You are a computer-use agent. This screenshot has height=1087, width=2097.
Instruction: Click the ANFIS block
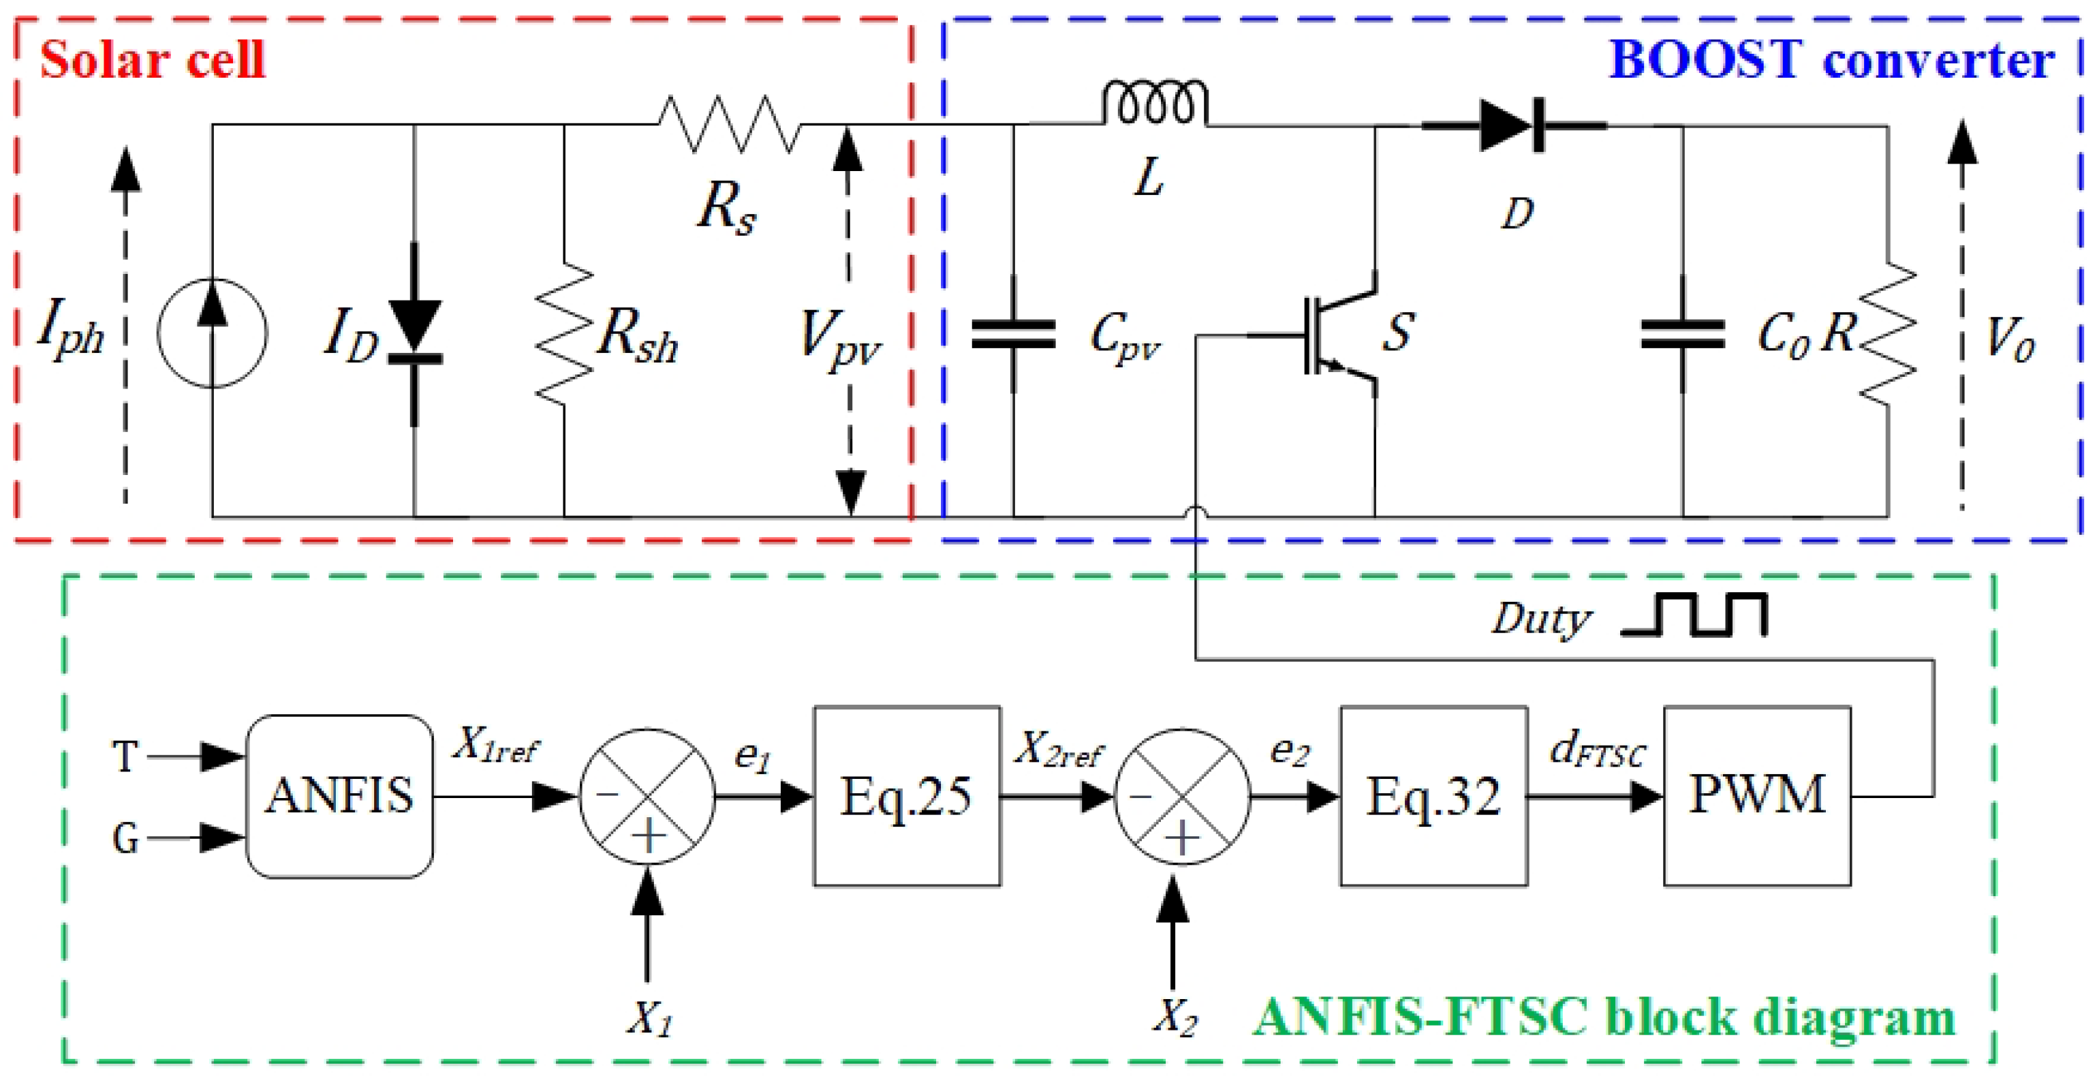pos(339,795)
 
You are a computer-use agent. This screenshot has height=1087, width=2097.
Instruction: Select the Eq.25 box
pos(906,795)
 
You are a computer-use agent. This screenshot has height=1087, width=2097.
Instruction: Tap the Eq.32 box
pos(1433,795)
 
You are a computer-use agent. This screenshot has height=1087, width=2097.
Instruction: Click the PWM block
pos(1757,795)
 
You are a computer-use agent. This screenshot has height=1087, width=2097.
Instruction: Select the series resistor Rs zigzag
pos(728,125)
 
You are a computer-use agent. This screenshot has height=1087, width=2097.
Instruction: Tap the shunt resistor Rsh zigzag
pos(563,333)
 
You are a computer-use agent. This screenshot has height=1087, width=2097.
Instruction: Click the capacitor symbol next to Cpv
pos(1014,334)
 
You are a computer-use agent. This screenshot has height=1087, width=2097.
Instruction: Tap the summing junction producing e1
pos(648,795)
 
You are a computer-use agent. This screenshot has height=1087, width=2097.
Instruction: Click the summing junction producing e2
pos(1181,795)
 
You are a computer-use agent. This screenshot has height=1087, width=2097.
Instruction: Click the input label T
pos(125,756)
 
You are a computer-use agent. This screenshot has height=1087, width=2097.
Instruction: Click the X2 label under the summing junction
pos(1175,1017)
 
